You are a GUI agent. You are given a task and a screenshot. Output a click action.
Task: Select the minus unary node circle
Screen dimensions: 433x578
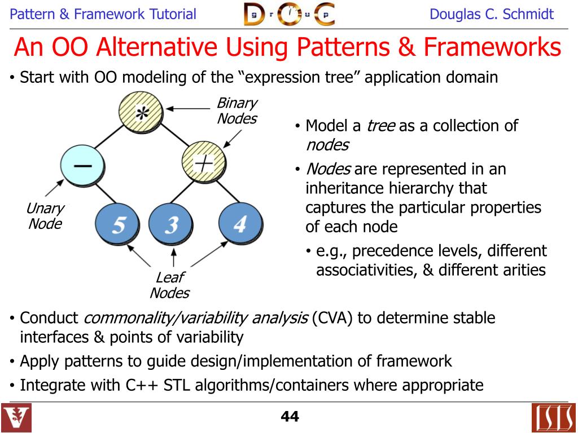pyautogui.click(x=82, y=165)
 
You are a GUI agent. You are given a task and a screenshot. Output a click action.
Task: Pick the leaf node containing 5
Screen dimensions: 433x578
pyautogui.click(x=118, y=224)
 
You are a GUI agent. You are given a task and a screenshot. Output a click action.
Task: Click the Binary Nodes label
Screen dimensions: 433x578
pyautogui.click(x=237, y=111)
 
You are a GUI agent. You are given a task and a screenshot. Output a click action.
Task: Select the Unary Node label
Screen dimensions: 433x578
pyautogui.click(x=45, y=216)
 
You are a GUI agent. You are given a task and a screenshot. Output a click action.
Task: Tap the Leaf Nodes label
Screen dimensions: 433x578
pyautogui.click(x=169, y=285)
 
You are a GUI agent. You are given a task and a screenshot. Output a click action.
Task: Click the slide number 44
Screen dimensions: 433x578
pyautogui.click(x=290, y=417)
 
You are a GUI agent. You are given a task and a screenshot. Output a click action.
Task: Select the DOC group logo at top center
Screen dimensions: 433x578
pyautogui.click(x=288, y=14)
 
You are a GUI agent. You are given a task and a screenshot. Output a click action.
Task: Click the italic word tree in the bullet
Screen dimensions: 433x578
pyautogui.click(x=380, y=126)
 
